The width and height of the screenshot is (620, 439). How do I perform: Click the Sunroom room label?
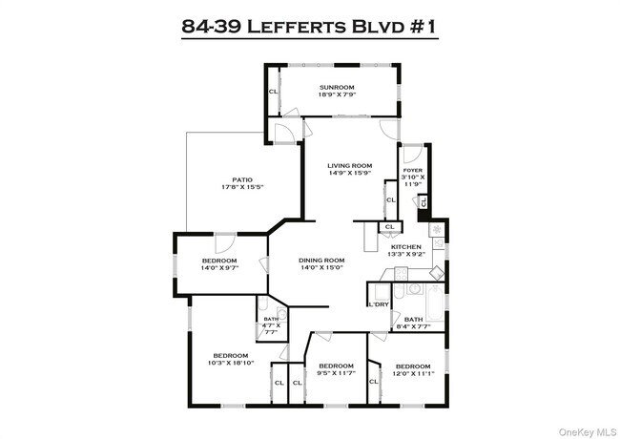[x=337, y=88]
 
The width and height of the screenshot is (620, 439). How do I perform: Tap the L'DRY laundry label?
[x=378, y=304]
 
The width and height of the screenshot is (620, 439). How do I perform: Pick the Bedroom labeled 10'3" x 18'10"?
[x=232, y=358]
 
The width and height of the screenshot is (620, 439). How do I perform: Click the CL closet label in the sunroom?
[x=274, y=92]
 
